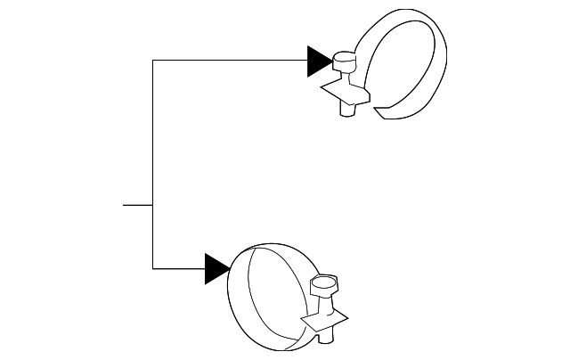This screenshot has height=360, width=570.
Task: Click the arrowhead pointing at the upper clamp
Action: [319, 61]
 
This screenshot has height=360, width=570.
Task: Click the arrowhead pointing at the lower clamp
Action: [216, 268]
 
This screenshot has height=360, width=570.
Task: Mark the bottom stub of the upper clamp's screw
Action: [347, 110]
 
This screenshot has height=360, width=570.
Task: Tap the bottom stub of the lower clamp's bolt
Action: [327, 336]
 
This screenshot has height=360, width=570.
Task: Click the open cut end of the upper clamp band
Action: [383, 112]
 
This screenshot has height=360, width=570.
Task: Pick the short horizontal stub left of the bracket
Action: [137, 205]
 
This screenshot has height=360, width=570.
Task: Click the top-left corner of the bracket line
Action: [153, 61]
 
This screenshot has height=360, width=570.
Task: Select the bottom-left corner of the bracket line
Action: [153, 268]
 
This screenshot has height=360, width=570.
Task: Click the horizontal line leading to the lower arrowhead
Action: [178, 268]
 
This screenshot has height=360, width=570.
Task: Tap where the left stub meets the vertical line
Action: [153, 205]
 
